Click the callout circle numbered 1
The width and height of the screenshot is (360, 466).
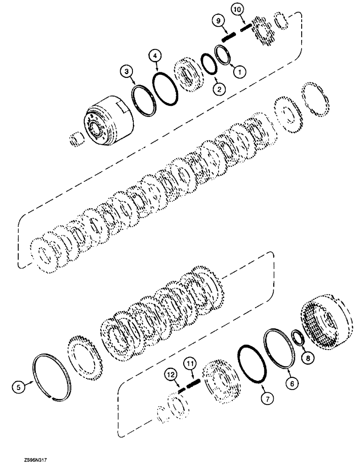tap(240, 72)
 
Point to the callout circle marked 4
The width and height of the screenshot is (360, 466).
tap(156, 56)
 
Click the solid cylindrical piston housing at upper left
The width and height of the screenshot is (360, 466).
tap(108, 126)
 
